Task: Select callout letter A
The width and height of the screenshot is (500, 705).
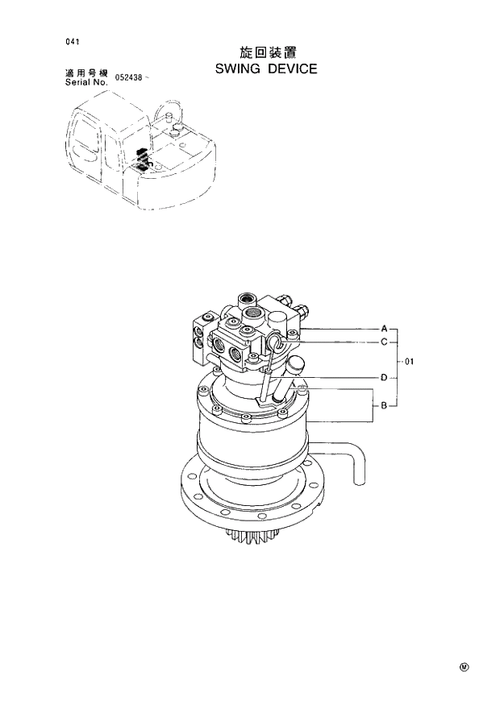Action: (384, 329)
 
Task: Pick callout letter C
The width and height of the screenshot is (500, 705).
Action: (384, 342)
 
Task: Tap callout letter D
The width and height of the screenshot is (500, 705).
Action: (384, 376)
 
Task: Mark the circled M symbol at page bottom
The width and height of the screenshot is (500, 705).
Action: (464, 667)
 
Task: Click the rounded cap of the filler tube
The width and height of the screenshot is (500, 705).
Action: (294, 365)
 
